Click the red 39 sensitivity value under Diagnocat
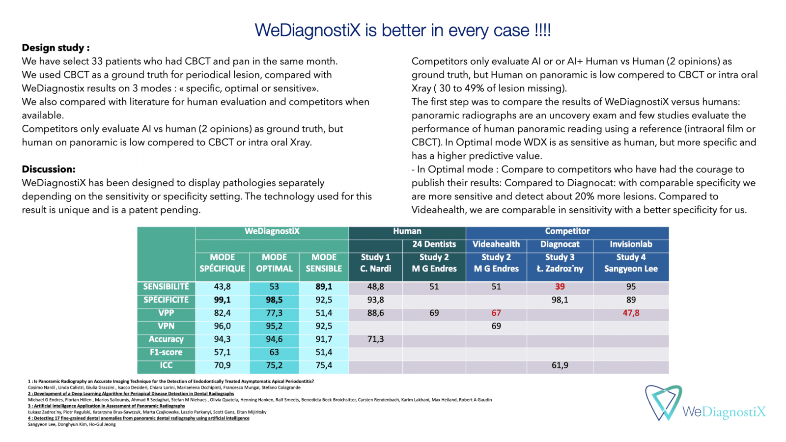click(560, 287)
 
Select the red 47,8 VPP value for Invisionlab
click(631, 313)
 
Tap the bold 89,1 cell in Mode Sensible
click(324, 287)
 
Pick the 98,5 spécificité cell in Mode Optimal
click(274, 300)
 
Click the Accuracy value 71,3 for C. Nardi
click(375, 339)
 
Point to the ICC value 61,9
click(560, 365)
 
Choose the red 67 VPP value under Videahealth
click(496, 313)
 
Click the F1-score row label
click(166, 352)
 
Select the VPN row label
click(166, 326)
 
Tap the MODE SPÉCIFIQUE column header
click(222, 263)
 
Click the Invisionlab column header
click(631, 244)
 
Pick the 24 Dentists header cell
click(434, 244)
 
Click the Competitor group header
click(567, 231)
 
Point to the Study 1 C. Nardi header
click(375, 263)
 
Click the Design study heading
click(56, 48)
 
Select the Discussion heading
click(49, 169)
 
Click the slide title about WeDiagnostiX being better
click(402, 30)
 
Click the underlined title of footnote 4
click(139, 418)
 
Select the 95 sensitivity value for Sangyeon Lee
click(631, 287)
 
